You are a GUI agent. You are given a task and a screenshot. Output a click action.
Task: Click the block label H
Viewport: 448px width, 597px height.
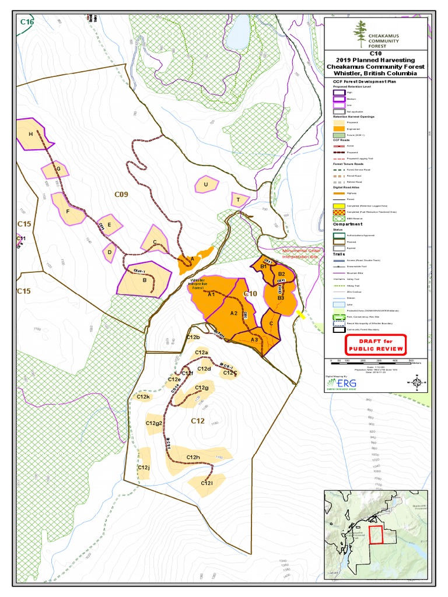(30, 135)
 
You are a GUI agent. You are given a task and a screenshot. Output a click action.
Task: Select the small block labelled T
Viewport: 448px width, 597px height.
(238, 200)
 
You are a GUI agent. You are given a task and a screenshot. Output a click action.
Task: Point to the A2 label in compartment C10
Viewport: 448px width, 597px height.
(233, 313)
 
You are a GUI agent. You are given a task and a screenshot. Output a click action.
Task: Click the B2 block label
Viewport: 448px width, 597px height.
(281, 273)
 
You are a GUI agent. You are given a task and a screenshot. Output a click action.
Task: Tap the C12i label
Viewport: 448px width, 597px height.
(206, 483)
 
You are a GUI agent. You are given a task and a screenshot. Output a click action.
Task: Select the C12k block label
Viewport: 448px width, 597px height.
(143, 397)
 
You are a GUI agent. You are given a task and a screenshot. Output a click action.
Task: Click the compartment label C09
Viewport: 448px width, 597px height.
(121, 194)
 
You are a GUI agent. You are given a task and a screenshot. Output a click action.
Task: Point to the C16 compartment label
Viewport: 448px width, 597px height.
(27, 22)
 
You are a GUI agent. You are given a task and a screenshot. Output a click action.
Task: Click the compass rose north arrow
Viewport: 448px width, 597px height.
(418, 383)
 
